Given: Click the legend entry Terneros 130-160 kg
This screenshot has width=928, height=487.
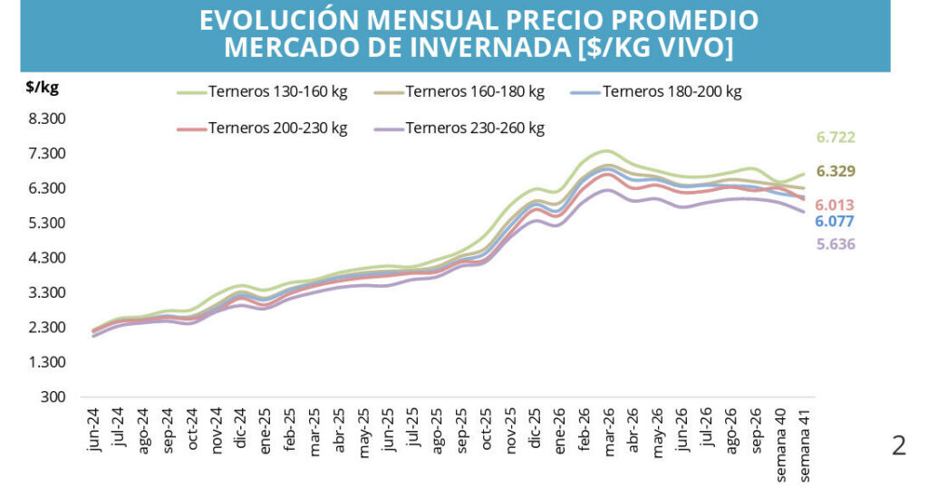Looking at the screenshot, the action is [x=262, y=92].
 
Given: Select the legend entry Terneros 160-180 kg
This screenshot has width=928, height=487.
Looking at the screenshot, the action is [x=459, y=92].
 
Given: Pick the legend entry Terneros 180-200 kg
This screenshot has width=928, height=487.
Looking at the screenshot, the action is [x=656, y=92].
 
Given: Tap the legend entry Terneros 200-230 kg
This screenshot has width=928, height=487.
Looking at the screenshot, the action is [x=262, y=129].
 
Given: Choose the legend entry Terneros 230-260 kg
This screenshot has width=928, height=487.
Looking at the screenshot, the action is [x=459, y=129].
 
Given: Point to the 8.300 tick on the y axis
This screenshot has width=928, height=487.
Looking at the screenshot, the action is [x=47, y=119].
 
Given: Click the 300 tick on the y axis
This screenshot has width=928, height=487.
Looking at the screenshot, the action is [x=53, y=396].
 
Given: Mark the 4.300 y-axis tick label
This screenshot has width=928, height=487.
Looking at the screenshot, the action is [x=47, y=258].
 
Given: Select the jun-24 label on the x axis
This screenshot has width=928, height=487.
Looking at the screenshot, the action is [x=93, y=430].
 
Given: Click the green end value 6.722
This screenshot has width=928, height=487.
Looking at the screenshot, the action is [x=836, y=138].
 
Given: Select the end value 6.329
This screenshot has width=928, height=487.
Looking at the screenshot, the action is [x=836, y=171].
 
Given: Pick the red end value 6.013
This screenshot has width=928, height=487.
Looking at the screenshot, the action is [x=835, y=205].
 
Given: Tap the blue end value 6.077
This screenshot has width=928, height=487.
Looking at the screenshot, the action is [x=835, y=222].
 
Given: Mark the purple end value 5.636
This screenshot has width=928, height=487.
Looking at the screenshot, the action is [x=836, y=244].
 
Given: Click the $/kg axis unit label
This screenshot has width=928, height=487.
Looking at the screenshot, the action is [x=42, y=88].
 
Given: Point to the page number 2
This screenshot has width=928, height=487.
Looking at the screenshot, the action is [x=898, y=445].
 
